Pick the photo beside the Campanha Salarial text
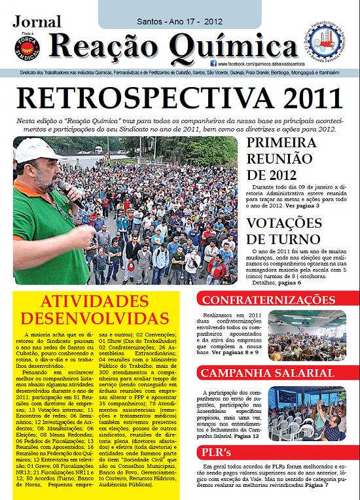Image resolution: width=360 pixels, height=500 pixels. coord(307,412)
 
